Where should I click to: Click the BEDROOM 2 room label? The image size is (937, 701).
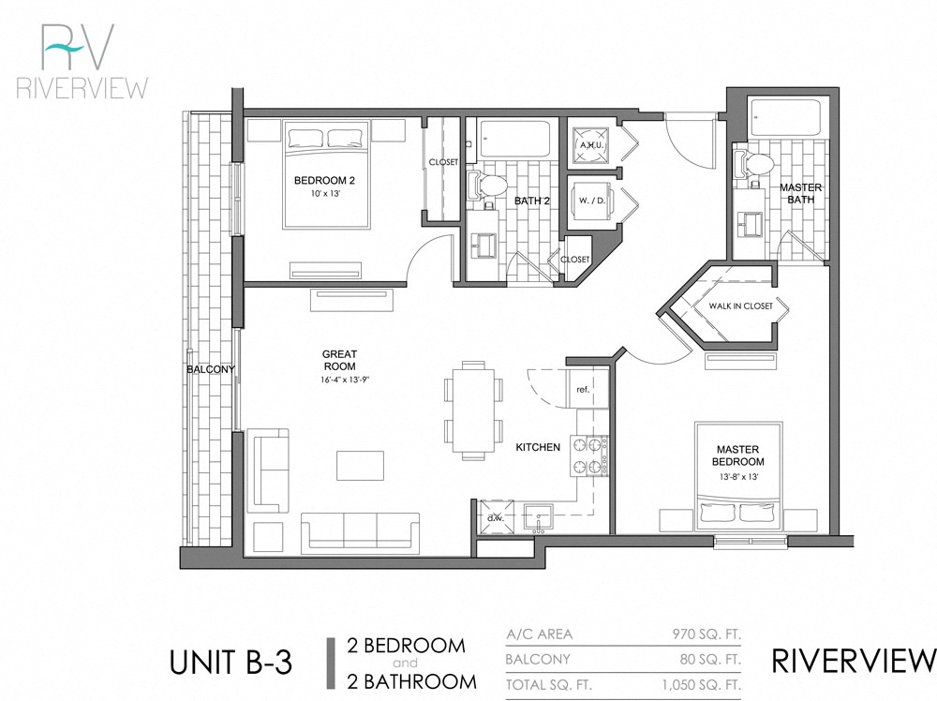(324, 180)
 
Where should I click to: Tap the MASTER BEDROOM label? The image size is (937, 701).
(737, 455)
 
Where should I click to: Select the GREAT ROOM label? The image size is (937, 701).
(339, 360)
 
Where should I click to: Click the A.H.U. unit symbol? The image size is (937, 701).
(590, 144)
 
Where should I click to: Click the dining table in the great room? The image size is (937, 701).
(473, 410)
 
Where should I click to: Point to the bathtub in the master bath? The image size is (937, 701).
(787, 117)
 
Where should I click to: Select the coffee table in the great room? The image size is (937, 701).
(360, 466)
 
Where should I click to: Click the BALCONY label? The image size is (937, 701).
(210, 369)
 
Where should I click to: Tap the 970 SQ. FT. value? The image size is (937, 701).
(707, 634)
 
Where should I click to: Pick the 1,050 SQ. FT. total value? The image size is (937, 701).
(702, 687)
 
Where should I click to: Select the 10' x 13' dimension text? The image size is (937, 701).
(324, 193)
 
